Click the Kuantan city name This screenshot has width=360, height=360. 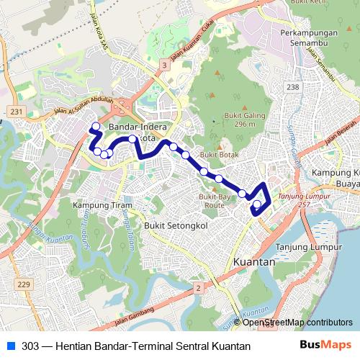click(255, 263)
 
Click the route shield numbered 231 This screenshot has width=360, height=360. click(17, 111)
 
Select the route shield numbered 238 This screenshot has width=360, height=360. click(292, 86)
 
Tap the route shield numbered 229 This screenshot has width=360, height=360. click(24, 285)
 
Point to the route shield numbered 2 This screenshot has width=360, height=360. click(197, 288)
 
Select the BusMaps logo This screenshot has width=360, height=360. click(326, 346)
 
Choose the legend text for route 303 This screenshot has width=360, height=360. click(136, 346)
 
